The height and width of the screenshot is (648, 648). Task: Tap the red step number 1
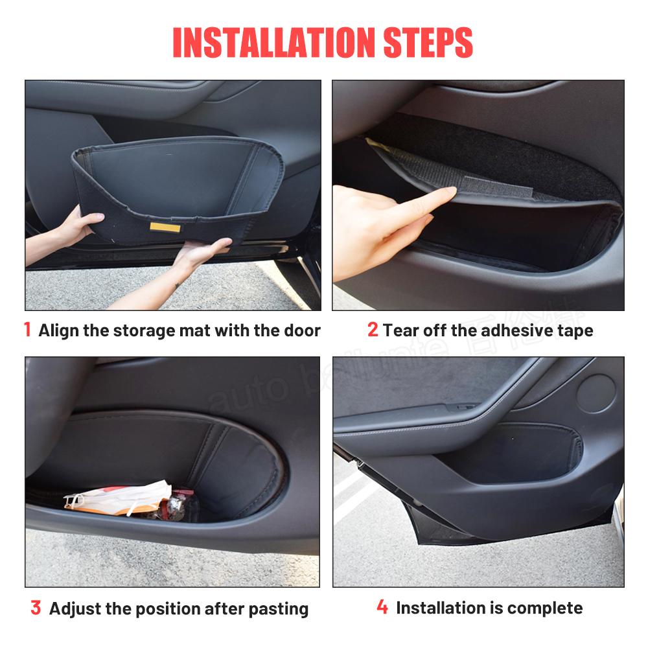pyautogui.click(x=27, y=330)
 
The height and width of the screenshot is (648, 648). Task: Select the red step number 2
pyautogui.click(x=373, y=330)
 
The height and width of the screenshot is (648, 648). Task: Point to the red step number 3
pyautogui.click(x=36, y=608)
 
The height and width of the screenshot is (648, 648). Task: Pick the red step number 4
pyautogui.click(x=382, y=607)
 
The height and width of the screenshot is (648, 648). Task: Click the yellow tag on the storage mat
pyautogui.click(x=160, y=226)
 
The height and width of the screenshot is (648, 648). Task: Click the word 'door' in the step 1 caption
pyautogui.click(x=302, y=330)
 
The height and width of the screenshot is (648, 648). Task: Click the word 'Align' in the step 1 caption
pyautogui.click(x=59, y=330)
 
